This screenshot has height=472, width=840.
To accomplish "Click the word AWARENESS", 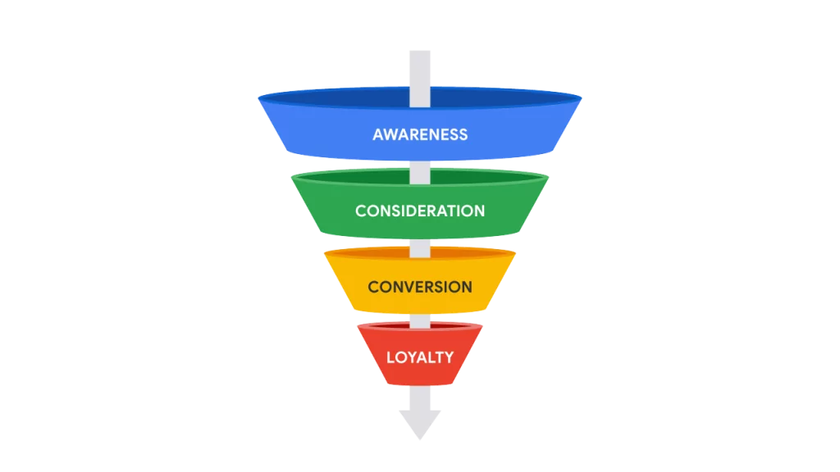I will click(420, 134).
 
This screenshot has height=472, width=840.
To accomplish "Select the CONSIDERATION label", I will click(420, 211).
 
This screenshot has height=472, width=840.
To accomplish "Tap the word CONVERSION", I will click(420, 287).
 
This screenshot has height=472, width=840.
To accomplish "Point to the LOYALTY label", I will click(420, 357).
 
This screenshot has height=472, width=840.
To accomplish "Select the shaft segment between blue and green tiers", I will click(420, 167).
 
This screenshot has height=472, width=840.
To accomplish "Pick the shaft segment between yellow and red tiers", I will click(420, 320).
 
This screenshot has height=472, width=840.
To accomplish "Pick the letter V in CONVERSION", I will click(412, 287).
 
